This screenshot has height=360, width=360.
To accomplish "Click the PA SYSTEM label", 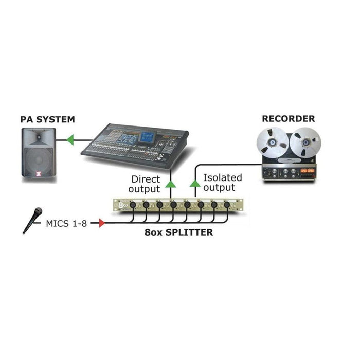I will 48,119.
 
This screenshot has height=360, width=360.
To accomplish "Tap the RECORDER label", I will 289,118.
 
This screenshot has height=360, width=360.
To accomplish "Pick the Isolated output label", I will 222,183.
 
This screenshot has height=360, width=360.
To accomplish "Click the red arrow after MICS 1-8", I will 101,223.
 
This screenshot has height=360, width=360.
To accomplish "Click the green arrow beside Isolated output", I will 195,182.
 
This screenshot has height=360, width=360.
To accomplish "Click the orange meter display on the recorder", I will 307,170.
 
